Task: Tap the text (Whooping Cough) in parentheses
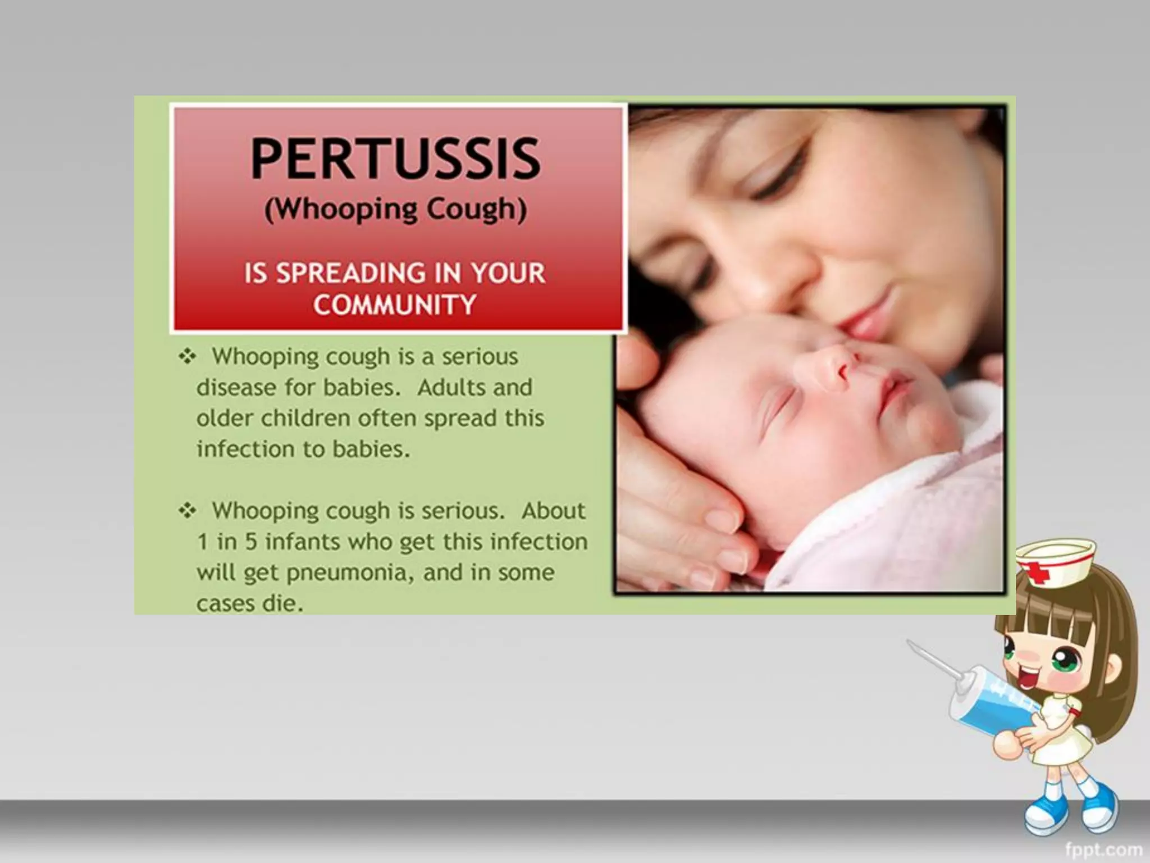(x=395, y=210)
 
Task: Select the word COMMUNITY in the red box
(x=395, y=305)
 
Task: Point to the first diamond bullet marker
(x=187, y=356)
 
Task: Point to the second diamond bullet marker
(x=187, y=511)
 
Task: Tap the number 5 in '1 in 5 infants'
(x=251, y=542)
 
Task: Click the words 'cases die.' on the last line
(x=250, y=604)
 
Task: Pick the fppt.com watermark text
(x=1103, y=849)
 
